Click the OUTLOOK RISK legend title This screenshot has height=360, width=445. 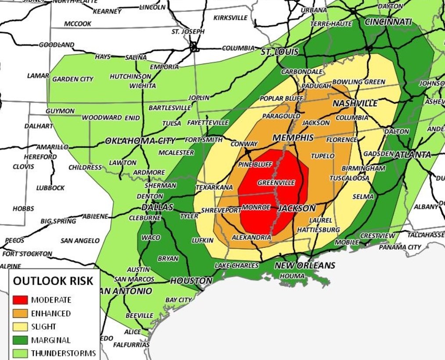click(53, 281)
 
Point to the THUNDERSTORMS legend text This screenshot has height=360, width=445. click(63, 353)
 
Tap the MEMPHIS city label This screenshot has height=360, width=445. click(293, 138)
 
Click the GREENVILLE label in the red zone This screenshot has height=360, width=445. click(276, 182)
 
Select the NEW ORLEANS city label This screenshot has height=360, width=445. click(305, 265)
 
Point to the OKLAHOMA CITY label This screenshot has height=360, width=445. click(140, 141)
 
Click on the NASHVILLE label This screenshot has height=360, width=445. click(355, 103)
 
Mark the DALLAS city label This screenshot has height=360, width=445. click(157, 207)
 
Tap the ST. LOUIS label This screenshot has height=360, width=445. click(280, 52)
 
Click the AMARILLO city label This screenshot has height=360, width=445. click(52, 147)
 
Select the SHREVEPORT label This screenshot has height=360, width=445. click(221, 210)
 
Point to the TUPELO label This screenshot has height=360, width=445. click(323, 156)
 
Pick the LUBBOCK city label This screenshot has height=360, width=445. click(51, 188)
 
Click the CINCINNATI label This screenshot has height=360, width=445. click(388, 22)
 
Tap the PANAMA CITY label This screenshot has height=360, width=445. click(400, 247)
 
